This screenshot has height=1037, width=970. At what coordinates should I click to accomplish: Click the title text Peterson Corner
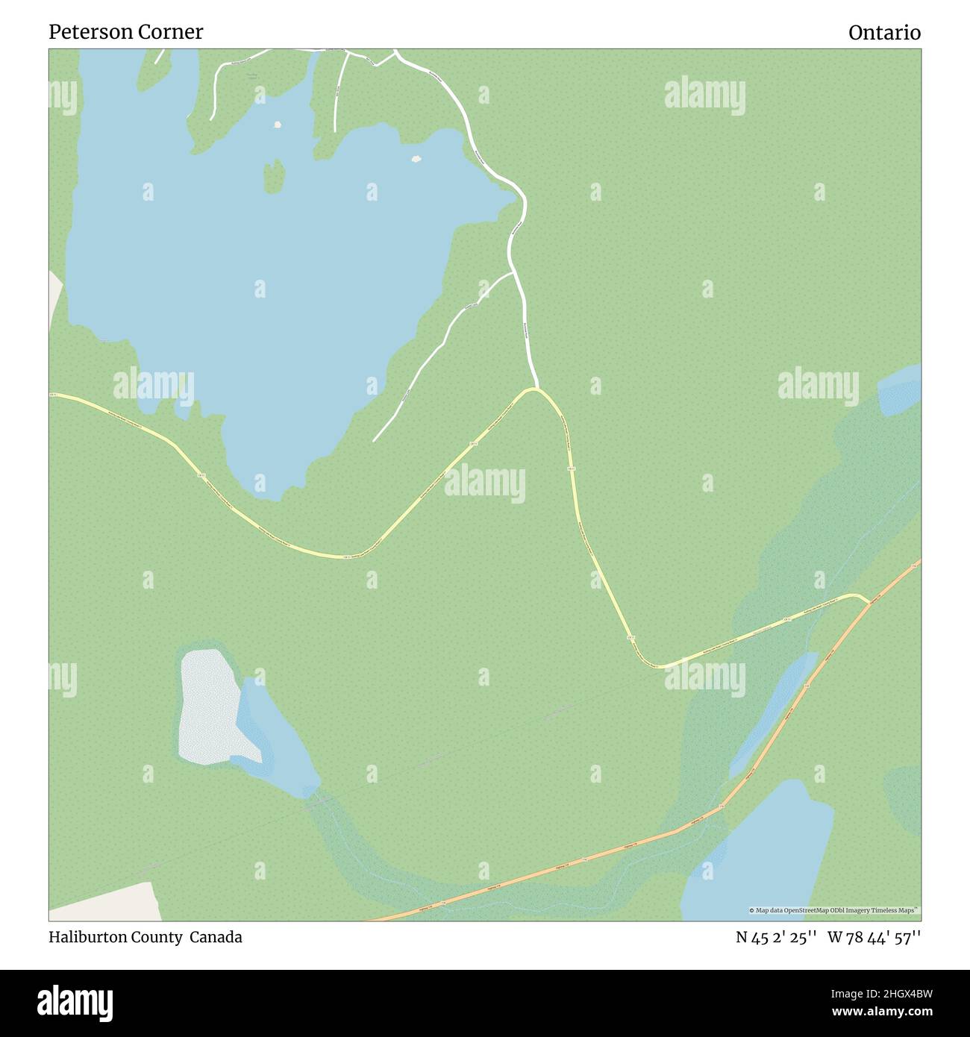coord(125,32)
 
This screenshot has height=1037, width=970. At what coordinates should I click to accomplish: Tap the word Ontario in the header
coord(884,33)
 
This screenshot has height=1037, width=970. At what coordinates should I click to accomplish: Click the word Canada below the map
coord(216,937)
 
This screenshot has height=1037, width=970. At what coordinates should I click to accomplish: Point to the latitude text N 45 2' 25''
coord(777,938)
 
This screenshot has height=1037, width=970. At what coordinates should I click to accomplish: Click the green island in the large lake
coord(274,175)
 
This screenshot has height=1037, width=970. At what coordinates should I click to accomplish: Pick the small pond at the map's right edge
coord(901,389)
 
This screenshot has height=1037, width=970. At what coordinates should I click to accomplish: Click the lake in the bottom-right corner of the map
coord(761,850)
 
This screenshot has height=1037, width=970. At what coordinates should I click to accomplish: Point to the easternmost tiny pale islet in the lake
coord(416,158)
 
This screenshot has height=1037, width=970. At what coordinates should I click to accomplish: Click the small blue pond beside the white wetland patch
coord(272,739)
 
